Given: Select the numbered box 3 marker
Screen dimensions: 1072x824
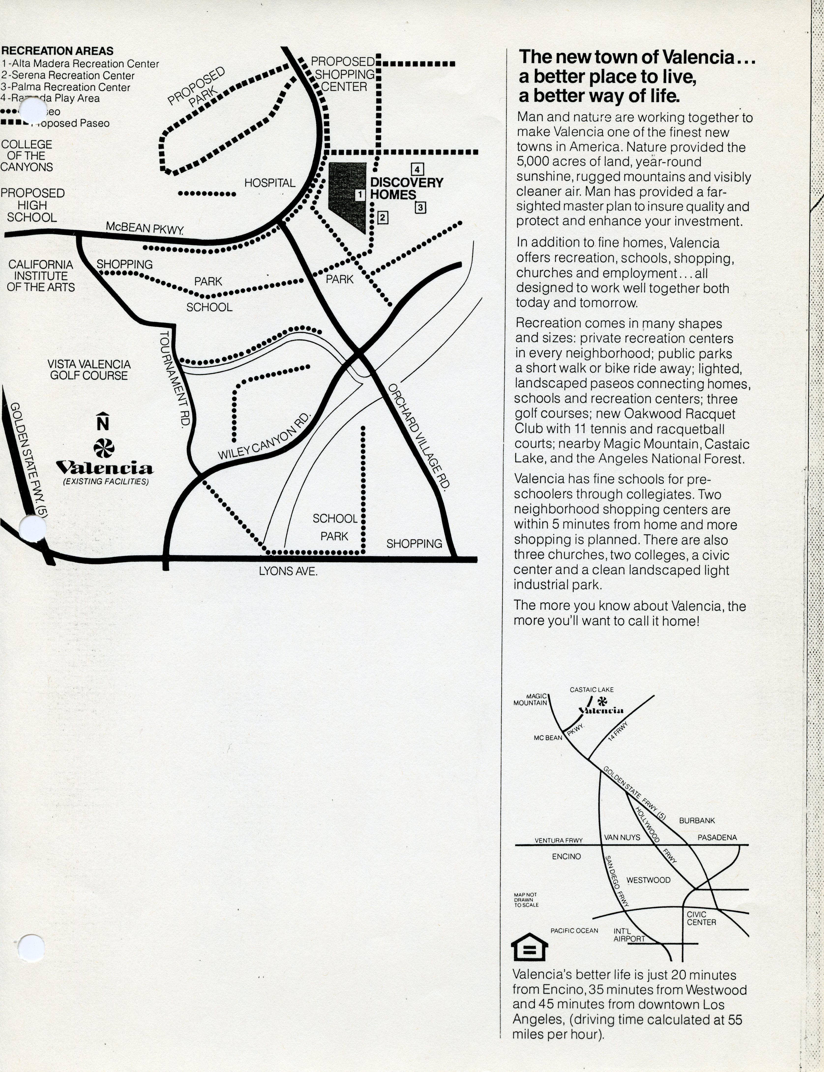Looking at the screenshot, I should (420, 207).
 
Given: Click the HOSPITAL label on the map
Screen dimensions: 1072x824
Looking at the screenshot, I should (270, 183).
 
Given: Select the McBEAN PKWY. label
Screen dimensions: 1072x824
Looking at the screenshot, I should (145, 227).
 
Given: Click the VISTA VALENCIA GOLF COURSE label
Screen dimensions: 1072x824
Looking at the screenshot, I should (89, 370).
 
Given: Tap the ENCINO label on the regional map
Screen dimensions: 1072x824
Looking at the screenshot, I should (566, 856).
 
